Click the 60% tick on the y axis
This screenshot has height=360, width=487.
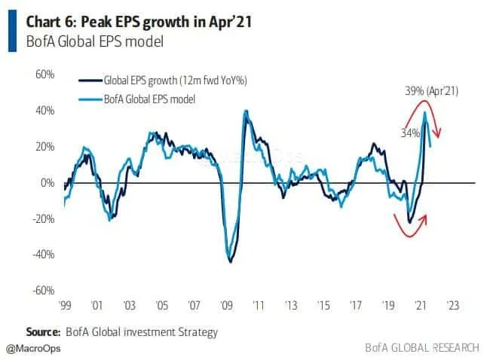[44, 75]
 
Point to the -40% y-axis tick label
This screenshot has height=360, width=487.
[43, 255]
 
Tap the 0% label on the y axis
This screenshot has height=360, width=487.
[47, 183]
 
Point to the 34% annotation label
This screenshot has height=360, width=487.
[410, 133]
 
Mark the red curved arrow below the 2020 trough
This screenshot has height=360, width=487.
[412, 225]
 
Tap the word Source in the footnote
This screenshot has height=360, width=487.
[43, 331]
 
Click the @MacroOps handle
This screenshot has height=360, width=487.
[34, 349]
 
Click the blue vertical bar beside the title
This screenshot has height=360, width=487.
[11, 31]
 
